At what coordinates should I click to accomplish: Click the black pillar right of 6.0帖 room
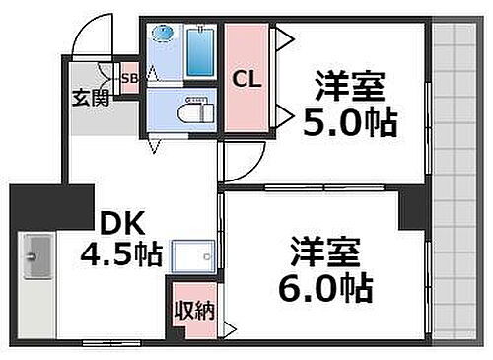click(x=414, y=210)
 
